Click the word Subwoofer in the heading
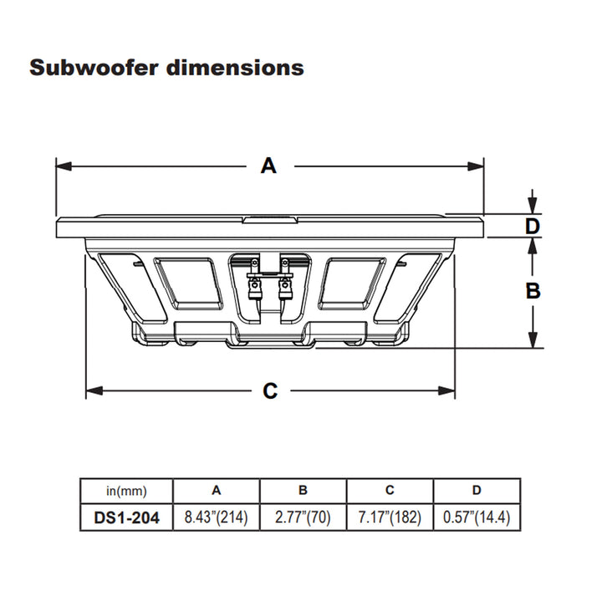pyautogui.click(x=94, y=68)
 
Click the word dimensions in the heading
pyautogui.click(x=235, y=68)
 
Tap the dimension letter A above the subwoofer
pyautogui.click(x=268, y=166)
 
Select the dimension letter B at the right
pyautogui.click(x=533, y=291)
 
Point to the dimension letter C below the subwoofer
pyautogui.click(x=270, y=391)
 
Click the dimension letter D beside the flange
pyautogui.click(x=533, y=226)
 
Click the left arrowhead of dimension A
pyautogui.click(x=64, y=166)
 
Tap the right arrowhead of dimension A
pyautogui.click(x=476, y=166)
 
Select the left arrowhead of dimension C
pyautogui.click(x=94, y=390)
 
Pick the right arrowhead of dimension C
pyautogui.click(x=446, y=390)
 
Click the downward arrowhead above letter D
pyautogui.click(x=533, y=206)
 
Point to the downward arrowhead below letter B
pyautogui.click(x=533, y=339)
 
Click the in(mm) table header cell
pyautogui.click(x=126, y=491)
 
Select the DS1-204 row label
pyautogui.click(x=126, y=518)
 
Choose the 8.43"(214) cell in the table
pyautogui.click(x=217, y=518)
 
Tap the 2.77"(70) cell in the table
pyautogui.click(x=303, y=518)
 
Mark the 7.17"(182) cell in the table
pyautogui.click(x=390, y=518)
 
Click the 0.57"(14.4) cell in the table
pyautogui.click(x=477, y=518)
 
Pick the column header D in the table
pyautogui.click(x=477, y=490)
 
